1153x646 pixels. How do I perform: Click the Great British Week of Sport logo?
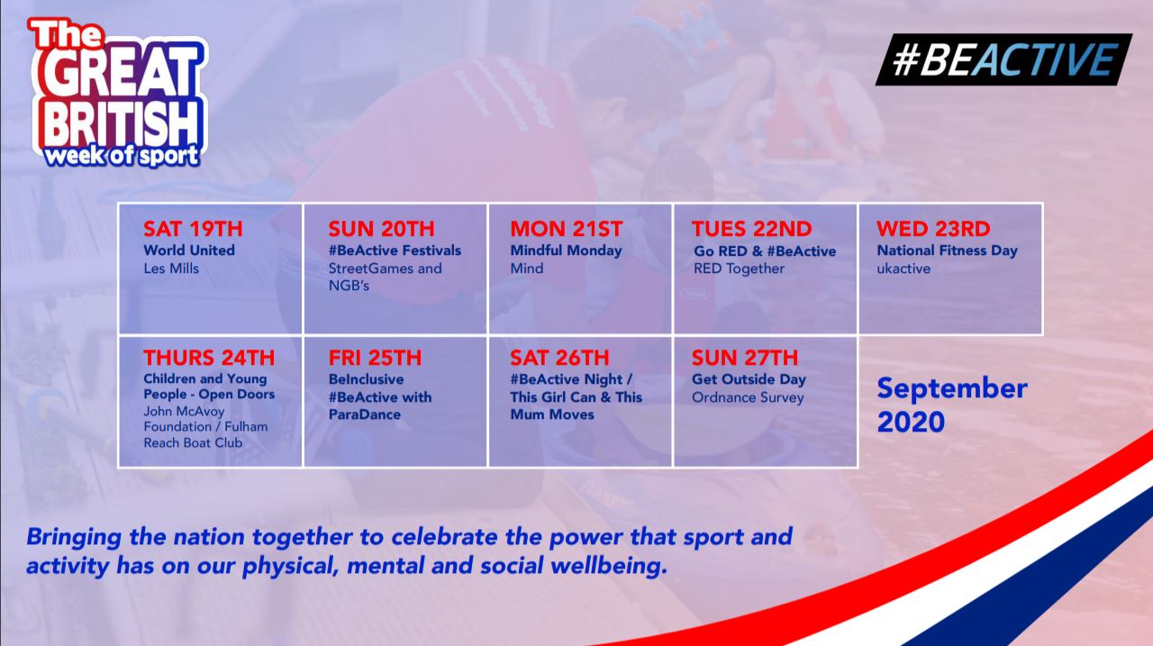(x=117, y=93)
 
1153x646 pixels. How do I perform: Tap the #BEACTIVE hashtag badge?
(x=1003, y=59)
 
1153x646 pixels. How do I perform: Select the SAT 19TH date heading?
(x=193, y=229)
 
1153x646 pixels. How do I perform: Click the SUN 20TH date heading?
(x=381, y=229)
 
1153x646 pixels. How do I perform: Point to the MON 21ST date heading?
(x=567, y=229)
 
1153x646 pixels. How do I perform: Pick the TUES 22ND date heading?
(x=751, y=229)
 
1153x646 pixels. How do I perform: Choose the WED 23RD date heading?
(x=933, y=229)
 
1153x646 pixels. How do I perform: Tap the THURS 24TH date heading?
(x=209, y=358)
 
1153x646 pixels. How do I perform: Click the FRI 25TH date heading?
(x=375, y=358)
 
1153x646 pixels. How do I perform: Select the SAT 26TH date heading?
(x=559, y=358)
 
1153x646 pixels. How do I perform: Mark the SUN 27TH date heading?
(x=745, y=358)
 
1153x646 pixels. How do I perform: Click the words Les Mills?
(x=171, y=268)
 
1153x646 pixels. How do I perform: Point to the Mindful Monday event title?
(x=566, y=250)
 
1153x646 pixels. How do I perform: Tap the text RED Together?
(x=739, y=268)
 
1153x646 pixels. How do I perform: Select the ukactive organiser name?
(x=903, y=268)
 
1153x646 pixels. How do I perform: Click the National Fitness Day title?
(x=947, y=250)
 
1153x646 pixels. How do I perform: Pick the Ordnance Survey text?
(x=748, y=397)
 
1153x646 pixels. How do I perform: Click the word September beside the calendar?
(x=952, y=389)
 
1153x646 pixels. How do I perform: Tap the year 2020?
(x=911, y=423)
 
